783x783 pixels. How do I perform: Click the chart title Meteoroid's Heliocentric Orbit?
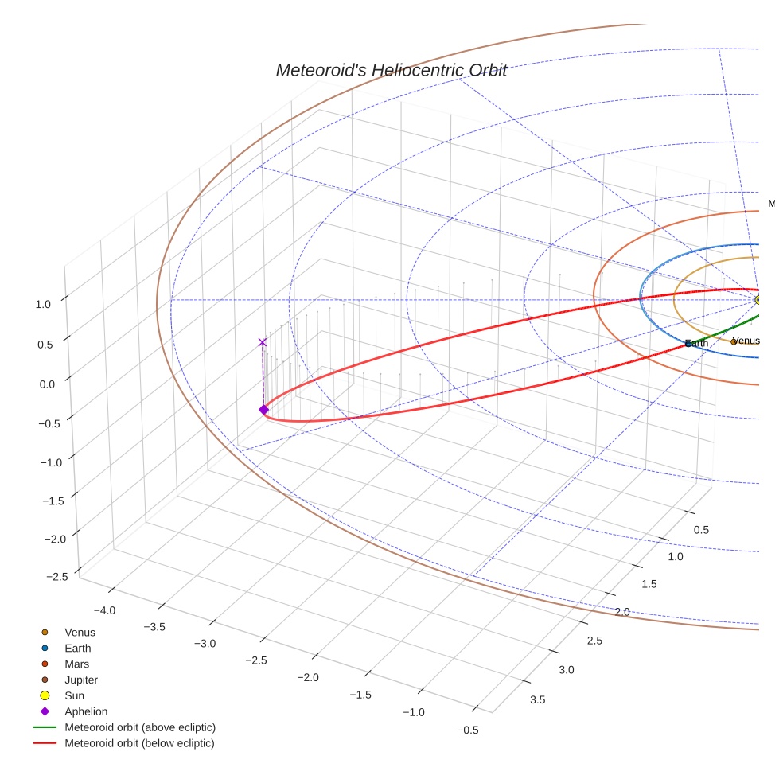(391, 70)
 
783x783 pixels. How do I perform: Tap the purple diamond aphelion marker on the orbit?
(263, 410)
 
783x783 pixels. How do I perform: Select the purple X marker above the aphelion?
(263, 342)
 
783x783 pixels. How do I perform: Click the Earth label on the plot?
(699, 343)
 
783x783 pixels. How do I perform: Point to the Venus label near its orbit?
(746, 341)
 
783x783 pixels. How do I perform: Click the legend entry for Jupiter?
(81, 680)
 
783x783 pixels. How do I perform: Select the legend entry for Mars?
(76, 664)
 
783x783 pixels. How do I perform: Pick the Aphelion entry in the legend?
(86, 711)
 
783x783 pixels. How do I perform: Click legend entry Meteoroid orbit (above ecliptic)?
(140, 727)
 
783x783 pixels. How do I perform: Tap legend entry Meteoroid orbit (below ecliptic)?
(139, 743)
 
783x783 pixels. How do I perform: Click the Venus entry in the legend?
(80, 633)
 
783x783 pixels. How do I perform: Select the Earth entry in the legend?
(77, 649)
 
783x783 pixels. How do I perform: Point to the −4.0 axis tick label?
(104, 610)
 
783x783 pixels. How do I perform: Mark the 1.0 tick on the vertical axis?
(43, 304)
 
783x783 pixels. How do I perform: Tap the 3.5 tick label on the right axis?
(538, 699)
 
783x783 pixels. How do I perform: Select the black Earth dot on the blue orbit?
(688, 344)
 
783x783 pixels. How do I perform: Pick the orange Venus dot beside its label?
(734, 341)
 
